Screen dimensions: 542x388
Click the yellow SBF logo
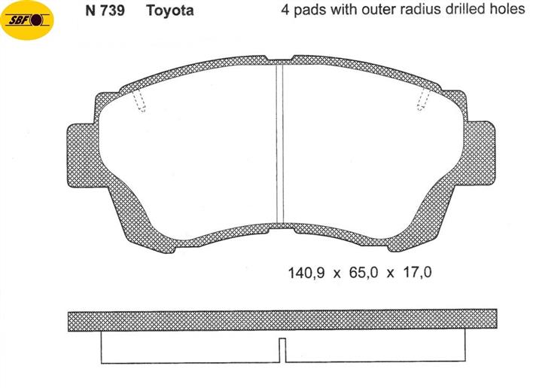(x=28, y=20)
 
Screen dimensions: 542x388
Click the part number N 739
(x=105, y=11)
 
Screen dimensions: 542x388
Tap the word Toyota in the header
(x=169, y=11)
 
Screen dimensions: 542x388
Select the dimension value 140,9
(x=306, y=273)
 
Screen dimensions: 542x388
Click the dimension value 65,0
(x=364, y=273)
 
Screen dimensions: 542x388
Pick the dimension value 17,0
(x=418, y=272)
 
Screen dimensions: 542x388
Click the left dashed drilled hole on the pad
(x=139, y=101)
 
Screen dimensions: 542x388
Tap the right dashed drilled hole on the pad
(x=423, y=99)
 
